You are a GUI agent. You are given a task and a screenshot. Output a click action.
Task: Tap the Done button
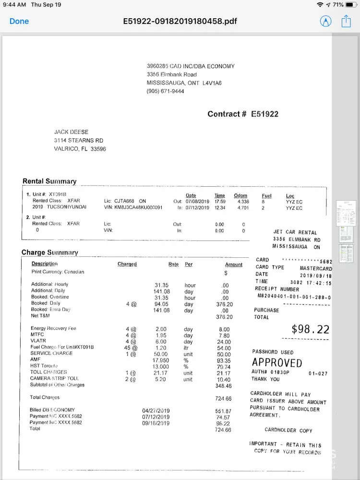click(x=19, y=21)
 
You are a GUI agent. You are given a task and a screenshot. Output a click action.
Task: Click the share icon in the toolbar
click(x=346, y=21)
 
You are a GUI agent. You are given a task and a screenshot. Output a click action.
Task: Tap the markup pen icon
click(x=325, y=21)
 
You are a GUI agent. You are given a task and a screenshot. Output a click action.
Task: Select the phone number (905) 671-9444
click(x=165, y=91)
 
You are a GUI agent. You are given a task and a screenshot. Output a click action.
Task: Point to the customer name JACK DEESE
click(x=71, y=132)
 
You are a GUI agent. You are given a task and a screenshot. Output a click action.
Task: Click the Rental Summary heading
click(x=49, y=181)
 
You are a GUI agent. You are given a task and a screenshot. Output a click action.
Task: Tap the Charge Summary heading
click(x=49, y=252)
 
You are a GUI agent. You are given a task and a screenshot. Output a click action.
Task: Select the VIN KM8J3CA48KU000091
click(x=139, y=208)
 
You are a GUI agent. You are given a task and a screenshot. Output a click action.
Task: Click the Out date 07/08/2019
click(x=197, y=202)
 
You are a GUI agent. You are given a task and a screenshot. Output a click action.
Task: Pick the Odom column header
click(x=240, y=195)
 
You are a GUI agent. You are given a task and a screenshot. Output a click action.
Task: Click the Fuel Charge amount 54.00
click(x=224, y=348)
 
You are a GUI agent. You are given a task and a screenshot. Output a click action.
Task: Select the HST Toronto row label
click(x=44, y=366)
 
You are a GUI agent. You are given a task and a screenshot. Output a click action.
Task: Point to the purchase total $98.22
click(x=311, y=329)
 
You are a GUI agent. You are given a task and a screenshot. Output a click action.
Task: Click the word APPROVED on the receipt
click(x=277, y=362)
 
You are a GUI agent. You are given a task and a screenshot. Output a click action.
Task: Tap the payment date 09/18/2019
click(x=156, y=423)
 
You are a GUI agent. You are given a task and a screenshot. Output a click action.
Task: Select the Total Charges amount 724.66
click(x=223, y=399)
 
